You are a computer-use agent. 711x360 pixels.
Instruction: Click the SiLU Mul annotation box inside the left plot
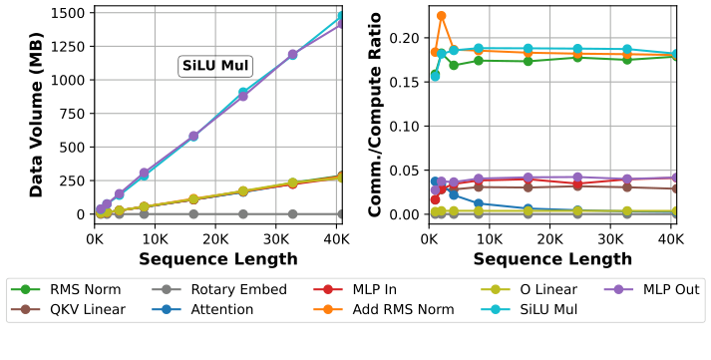pos(214,67)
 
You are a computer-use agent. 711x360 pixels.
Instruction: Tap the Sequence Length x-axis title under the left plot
pos(217,259)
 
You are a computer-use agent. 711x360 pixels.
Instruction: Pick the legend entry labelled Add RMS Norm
pos(396,309)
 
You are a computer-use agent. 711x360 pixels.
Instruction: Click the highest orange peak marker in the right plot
pos(441,16)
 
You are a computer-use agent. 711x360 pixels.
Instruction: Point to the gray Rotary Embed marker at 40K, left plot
pos(340,213)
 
